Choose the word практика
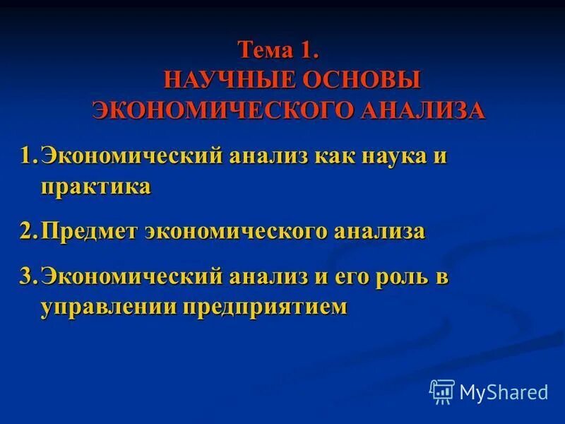click(x=95, y=187)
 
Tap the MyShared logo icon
click(x=442, y=391)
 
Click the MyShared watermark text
click(x=504, y=391)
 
